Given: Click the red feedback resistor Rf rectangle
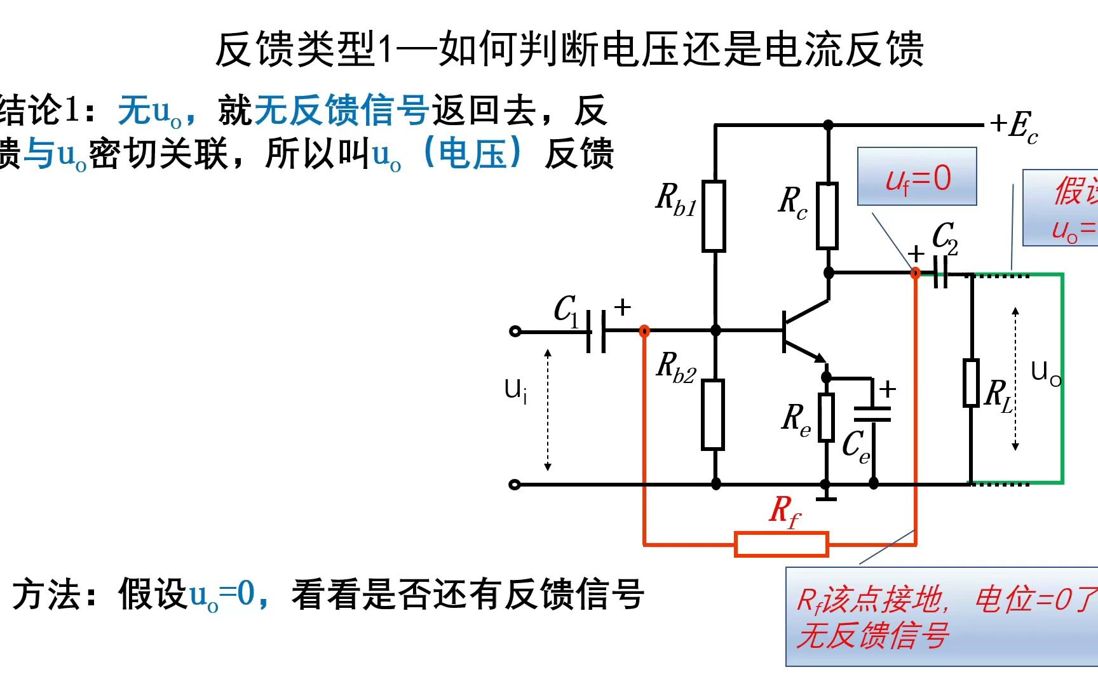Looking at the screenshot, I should (x=781, y=544).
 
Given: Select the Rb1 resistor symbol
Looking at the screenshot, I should (x=714, y=216).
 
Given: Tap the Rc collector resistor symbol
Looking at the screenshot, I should (x=827, y=215).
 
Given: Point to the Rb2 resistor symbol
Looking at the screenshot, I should (x=713, y=415).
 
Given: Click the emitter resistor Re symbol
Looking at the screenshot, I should (x=826, y=417).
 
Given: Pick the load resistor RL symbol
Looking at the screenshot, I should (x=971, y=382).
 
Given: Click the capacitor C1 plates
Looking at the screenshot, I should (x=595, y=331).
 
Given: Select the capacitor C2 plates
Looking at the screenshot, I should (x=941, y=273).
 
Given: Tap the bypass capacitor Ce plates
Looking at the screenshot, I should (x=872, y=414).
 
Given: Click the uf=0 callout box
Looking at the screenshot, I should (x=917, y=177).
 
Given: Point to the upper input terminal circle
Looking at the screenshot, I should (x=515, y=331).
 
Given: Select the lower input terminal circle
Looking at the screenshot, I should (x=515, y=485).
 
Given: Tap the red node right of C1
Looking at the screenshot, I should (x=644, y=331).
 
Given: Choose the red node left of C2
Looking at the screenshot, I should (x=916, y=273).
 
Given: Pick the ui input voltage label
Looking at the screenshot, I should (x=515, y=390).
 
